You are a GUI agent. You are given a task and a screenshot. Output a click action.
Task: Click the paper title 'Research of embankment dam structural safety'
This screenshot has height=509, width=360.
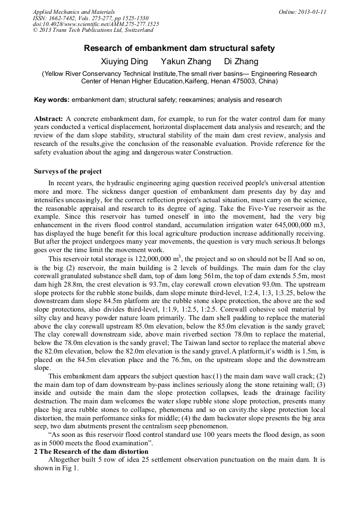point(179,48)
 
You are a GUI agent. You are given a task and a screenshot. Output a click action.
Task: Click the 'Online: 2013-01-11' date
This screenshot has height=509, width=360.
point(302,12)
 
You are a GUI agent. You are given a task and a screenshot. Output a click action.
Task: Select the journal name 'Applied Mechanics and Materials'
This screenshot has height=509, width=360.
point(74,12)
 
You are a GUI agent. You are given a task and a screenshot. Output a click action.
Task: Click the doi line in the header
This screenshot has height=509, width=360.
point(96,24)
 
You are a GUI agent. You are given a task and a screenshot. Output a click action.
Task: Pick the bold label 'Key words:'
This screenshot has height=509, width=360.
point(52,100)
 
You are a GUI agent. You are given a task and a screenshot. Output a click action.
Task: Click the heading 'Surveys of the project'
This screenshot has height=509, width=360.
point(67,171)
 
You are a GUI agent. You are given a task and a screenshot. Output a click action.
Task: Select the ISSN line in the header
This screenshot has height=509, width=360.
point(85,18)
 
